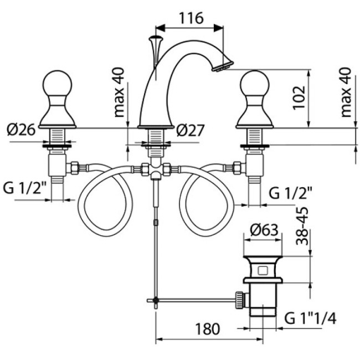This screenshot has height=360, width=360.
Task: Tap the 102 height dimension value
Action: [x=299, y=98]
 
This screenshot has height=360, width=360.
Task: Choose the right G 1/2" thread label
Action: [x=291, y=193]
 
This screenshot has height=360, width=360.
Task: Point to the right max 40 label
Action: [x=347, y=92]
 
